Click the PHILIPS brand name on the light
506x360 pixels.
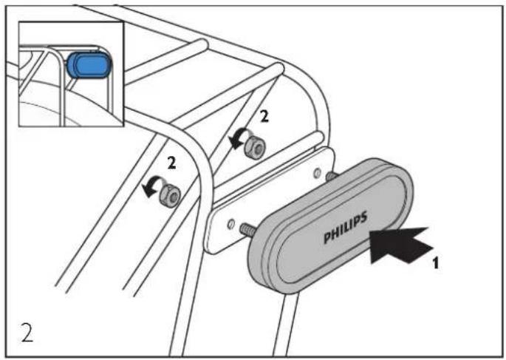pos(346,228)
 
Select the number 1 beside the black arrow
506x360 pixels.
pos(436,263)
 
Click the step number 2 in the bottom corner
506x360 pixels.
pos(27,332)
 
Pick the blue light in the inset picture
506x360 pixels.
pos(89,65)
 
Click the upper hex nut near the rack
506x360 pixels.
pos(256,147)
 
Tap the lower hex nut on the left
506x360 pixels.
pos(170,195)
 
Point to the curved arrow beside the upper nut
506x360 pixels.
pos(238,137)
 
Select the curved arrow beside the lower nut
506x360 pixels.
pos(152,186)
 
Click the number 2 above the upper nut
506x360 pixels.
pos(264,116)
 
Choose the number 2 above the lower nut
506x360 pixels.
pos(171,163)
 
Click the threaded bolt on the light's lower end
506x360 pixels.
pos(248,228)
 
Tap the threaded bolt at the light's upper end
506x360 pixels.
pos(332,176)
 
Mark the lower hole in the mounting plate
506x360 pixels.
pos(230,224)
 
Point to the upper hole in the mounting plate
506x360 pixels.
pos(317,173)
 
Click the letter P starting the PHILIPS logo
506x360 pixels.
pos(327,237)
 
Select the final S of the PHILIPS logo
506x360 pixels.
pos(363,217)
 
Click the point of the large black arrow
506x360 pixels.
pos(370,231)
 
